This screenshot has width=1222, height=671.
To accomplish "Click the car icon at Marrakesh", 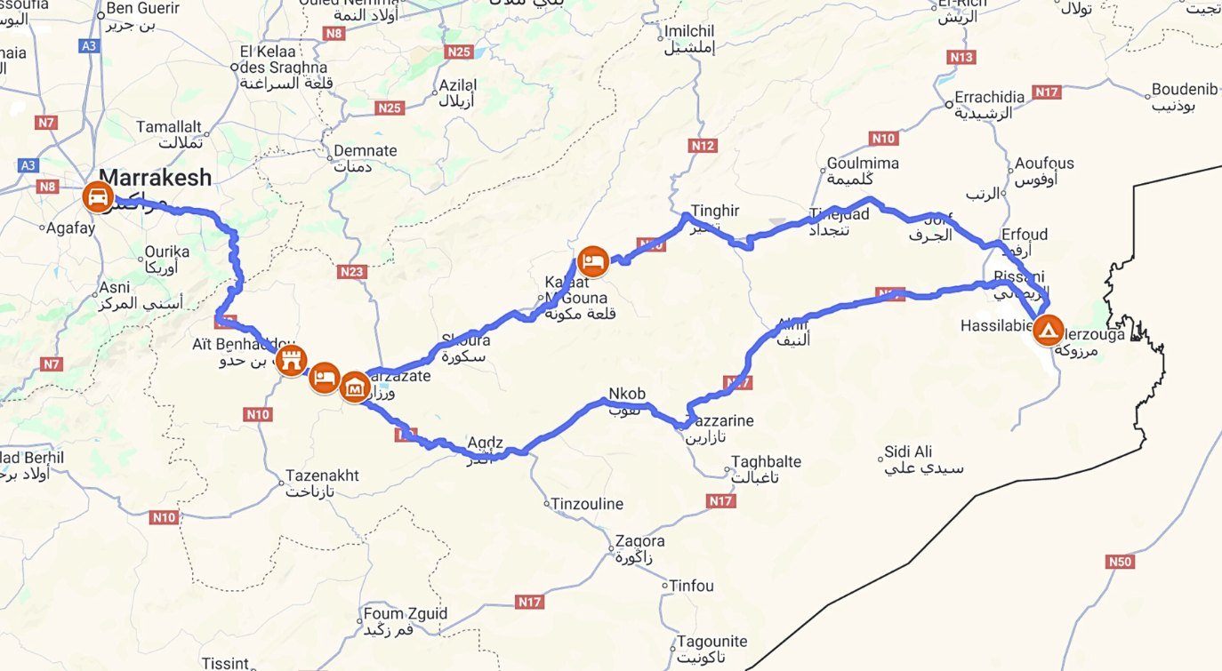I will pyautogui.click(x=98, y=196).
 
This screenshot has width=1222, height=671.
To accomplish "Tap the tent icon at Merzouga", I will pyautogui.click(x=1049, y=331).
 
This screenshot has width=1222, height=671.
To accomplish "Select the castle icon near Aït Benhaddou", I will pyautogui.click(x=291, y=361).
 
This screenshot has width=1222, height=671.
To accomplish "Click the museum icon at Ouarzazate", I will pyautogui.click(x=355, y=387).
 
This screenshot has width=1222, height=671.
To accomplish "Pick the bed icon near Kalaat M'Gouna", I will pyautogui.click(x=593, y=260).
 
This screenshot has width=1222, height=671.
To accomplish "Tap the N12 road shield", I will pyautogui.click(x=703, y=145).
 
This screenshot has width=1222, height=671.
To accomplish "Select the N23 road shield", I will pyautogui.click(x=352, y=272).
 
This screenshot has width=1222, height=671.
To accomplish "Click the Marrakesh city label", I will pyautogui.click(x=156, y=178).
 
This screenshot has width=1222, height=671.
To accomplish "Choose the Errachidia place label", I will pyautogui.click(x=989, y=97).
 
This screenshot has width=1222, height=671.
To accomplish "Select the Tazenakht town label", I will pyautogui.click(x=322, y=475).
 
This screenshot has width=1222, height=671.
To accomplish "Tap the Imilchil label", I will pyautogui.click(x=689, y=32).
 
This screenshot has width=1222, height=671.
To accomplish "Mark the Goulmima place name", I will pyautogui.click(x=863, y=164).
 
